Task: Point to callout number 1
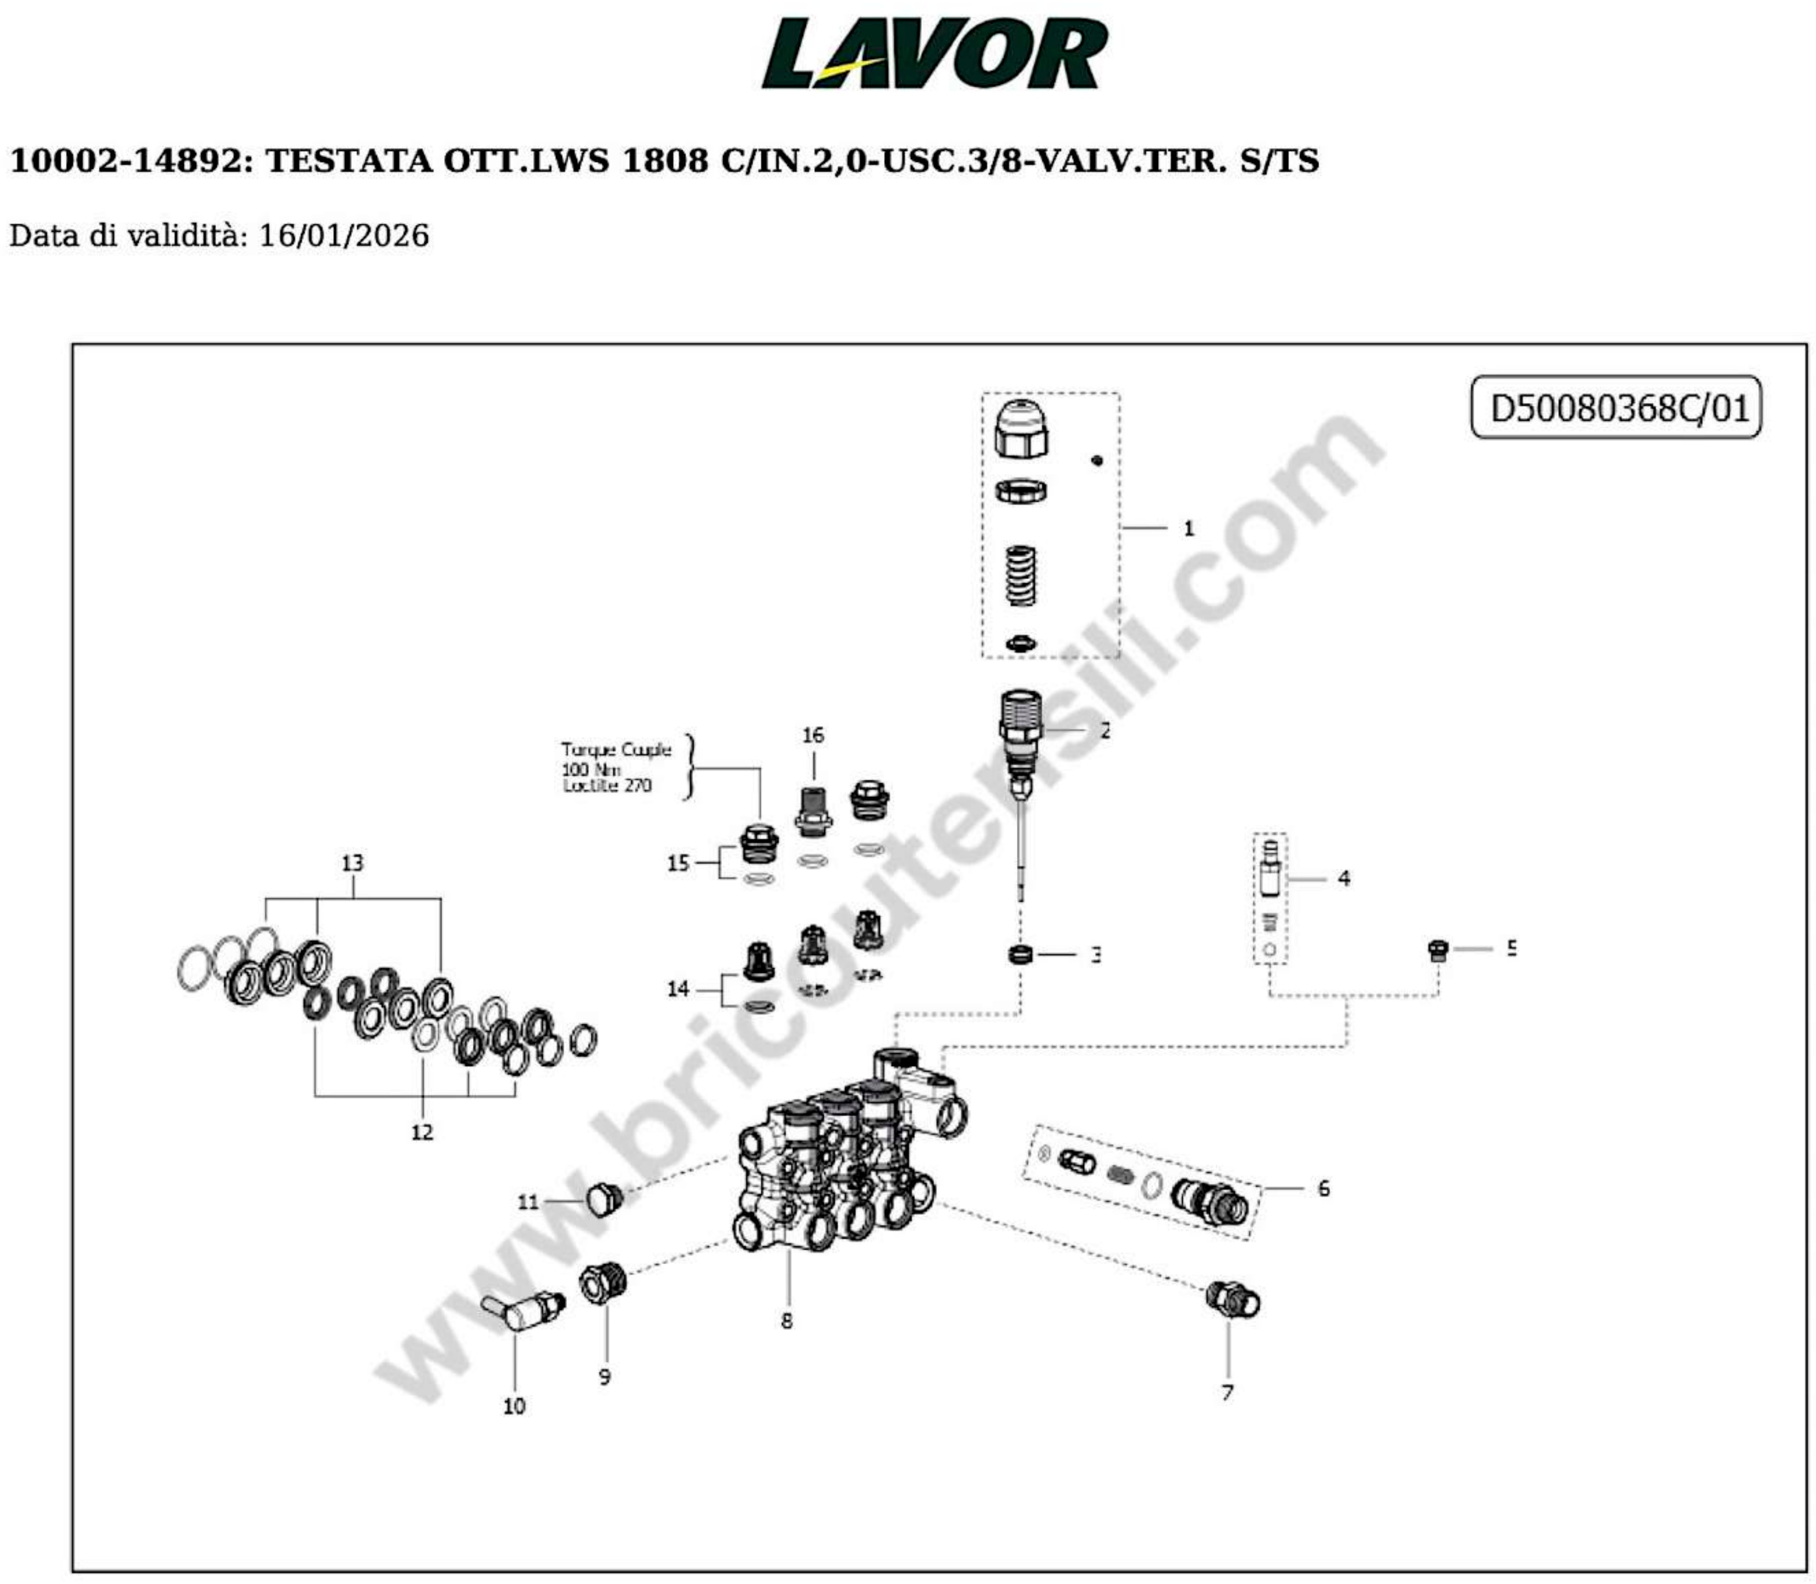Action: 1188,528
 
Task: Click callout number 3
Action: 1095,955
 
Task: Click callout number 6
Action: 1322,1189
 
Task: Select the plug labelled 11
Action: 605,1198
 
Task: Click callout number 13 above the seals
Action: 352,863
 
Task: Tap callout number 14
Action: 677,989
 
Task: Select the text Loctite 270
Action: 607,785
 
